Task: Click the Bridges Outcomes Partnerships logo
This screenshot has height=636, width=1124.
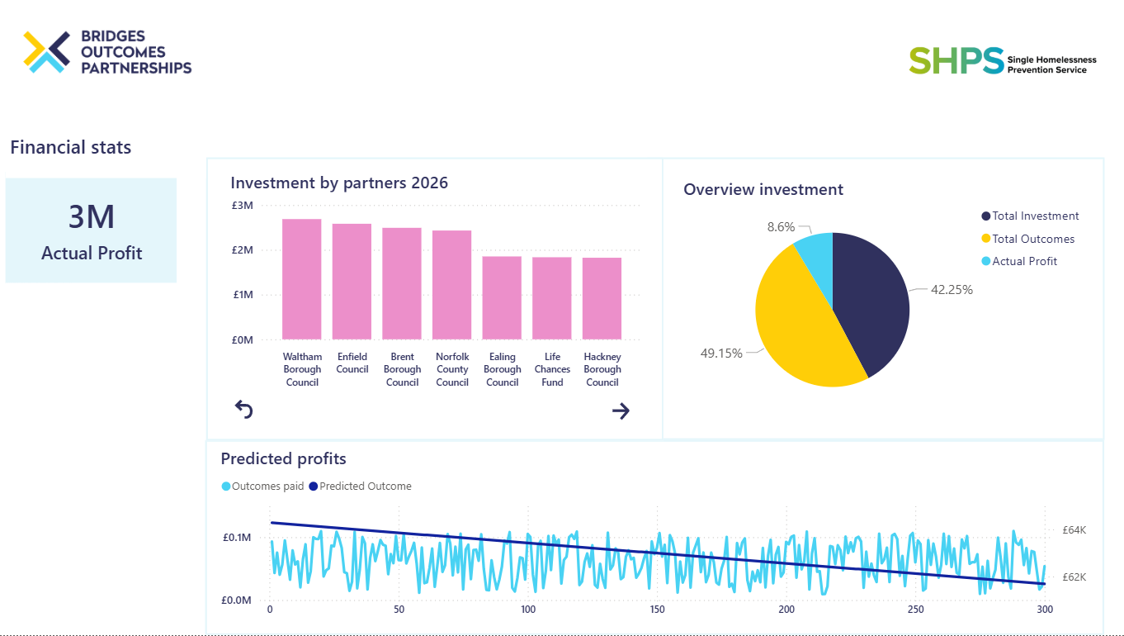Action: (107, 52)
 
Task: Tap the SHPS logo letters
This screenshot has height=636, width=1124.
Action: (956, 61)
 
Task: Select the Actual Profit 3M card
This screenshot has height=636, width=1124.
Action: (91, 230)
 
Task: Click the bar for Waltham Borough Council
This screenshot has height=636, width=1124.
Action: (301, 279)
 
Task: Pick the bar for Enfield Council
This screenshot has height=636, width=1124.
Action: (352, 282)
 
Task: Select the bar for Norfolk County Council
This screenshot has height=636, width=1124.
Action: (451, 285)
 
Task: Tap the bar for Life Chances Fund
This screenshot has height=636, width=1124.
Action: (552, 298)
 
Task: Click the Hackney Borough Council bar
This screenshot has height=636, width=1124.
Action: (602, 299)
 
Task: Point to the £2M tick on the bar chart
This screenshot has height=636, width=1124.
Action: (243, 250)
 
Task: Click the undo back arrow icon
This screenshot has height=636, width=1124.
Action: (244, 410)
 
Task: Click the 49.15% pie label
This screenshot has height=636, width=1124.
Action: (721, 354)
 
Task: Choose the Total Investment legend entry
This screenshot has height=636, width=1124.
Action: (1030, 216)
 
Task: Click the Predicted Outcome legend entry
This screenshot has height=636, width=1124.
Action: (361, 486)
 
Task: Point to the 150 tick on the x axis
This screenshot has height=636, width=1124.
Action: (658, 610)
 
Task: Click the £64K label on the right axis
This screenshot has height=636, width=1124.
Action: (1074, 530)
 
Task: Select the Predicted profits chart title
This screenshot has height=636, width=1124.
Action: (284, 458)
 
